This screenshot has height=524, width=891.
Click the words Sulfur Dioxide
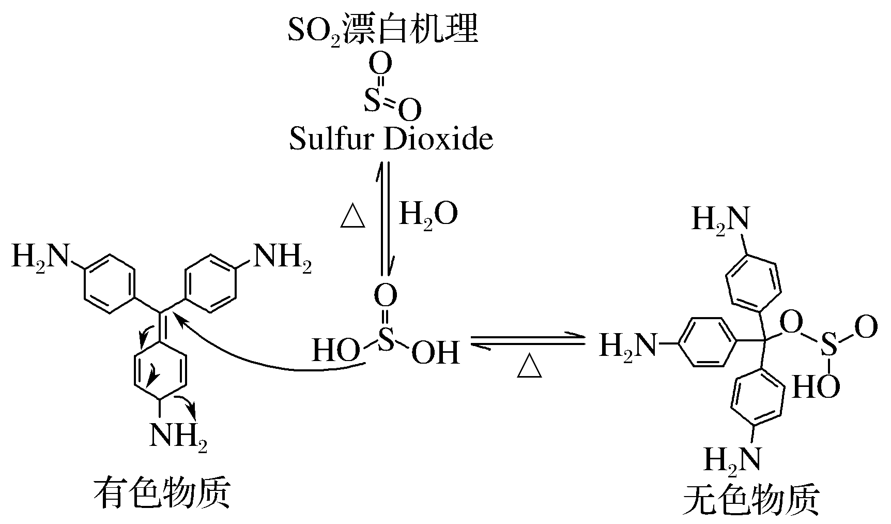tap(391, 139)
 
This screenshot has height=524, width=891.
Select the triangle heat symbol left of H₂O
tap(354, 217)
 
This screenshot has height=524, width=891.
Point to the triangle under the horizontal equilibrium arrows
tap(530, 367)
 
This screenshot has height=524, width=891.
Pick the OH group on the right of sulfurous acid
tap(435, 352)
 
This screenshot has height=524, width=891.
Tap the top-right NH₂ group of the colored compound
tap(281, 257)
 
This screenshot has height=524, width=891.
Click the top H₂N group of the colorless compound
tap(720, 219)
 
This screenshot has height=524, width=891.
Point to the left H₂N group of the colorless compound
tap(627, 344)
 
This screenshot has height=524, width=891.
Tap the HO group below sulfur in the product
tap(816, 387)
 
